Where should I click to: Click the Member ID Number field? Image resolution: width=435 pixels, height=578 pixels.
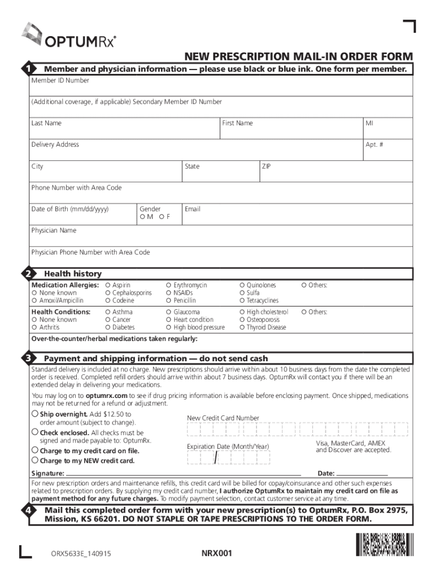tap(220, 89)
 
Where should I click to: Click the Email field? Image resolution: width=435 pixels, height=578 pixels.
tap(299, 217)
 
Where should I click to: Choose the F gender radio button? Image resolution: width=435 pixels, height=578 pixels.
tap(161, 217)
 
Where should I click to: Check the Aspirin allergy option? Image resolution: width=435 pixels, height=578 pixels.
tap(108, 286)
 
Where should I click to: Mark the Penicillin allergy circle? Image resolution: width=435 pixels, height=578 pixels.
tap(169, 301)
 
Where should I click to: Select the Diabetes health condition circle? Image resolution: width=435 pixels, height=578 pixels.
tap(108, 327)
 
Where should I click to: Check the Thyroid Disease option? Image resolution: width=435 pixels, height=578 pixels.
tap(242, 327)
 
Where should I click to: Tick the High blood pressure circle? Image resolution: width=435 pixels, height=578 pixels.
tap(169, 327)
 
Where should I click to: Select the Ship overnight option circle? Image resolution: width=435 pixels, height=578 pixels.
tap(35, 414)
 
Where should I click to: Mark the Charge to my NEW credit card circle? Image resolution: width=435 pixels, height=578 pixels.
tap(35, 461)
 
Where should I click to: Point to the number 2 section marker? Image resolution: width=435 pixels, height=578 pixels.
tap(27, 274)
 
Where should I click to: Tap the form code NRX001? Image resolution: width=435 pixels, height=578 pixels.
tap(217, 553)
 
